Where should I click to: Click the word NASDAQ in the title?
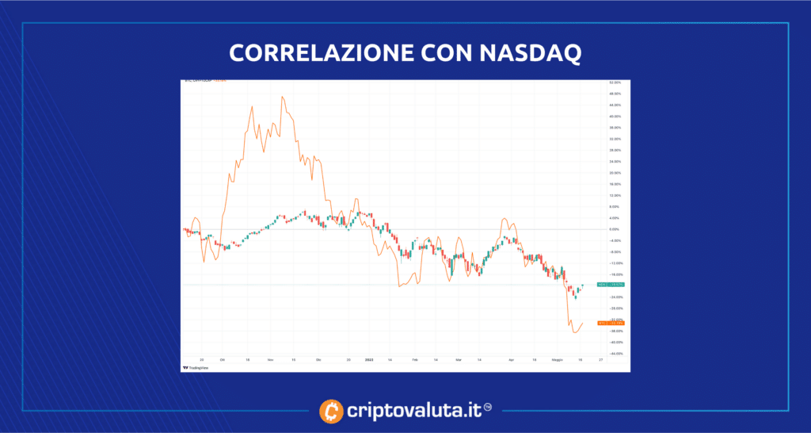[529, 52]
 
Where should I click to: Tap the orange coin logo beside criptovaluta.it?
[332, 411]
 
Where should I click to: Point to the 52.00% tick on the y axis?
[613, 82]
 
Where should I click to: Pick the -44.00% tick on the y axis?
[613, 354]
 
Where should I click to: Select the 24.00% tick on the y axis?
[613, 162]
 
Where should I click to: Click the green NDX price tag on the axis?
[611, 284]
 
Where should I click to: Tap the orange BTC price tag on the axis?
[611, 323]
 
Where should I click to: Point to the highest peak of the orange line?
[282, 97]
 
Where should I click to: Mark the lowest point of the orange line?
[574, 331]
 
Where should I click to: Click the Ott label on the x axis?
[223, 359]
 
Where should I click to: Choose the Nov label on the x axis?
[271, 359]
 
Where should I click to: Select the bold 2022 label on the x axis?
[369, 359]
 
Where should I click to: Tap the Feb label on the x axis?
[414, 359]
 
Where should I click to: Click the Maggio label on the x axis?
[557, 359]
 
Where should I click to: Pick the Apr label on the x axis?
[511, 359]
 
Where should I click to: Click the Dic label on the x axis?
[318, 359]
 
